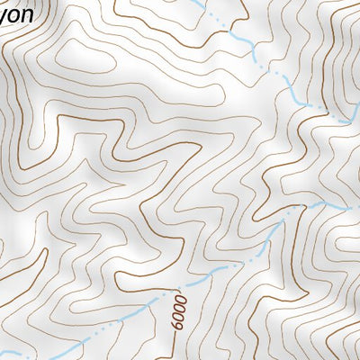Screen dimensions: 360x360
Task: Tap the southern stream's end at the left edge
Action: [x=3, y=352]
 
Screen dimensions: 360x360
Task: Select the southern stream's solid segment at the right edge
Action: [x=346, y=206]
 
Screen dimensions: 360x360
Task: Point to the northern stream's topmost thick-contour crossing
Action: [x=236, y=36]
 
